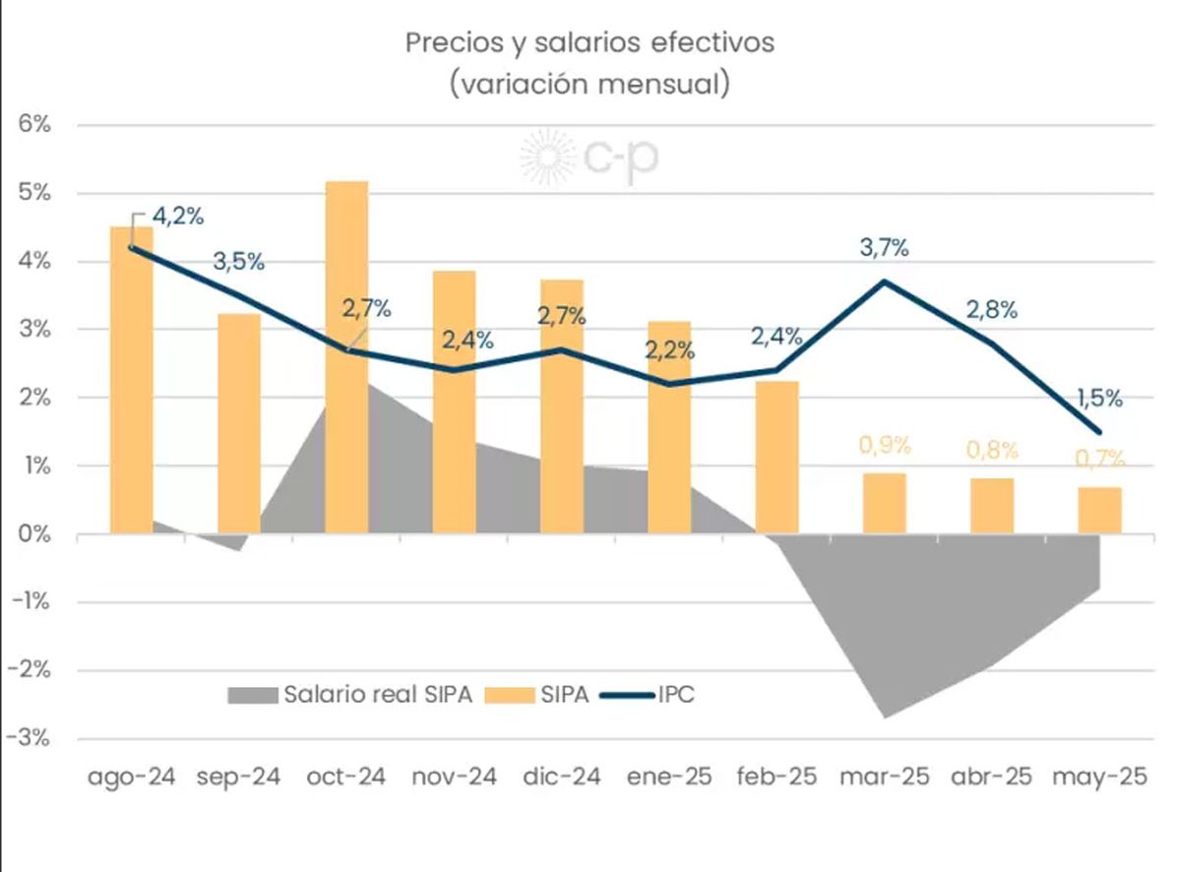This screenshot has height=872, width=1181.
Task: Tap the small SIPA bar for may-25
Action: tap(1099, 510)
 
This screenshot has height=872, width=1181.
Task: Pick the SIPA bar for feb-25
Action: tap(777, 457)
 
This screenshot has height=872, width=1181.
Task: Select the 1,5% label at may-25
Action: tap(1099, 399)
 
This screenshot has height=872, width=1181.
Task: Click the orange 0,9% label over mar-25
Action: tap(883, 445)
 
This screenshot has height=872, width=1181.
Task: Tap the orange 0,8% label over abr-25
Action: tap(992, 451)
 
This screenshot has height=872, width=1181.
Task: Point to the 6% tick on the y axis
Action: tap(32, 125)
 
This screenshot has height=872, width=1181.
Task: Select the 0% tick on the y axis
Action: tap(32, 534)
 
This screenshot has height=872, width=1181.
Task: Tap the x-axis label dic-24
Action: tap(561, 777)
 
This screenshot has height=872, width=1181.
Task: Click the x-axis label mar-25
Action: tap(884, 777)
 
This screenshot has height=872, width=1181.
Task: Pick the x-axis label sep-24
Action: tap(238, 777)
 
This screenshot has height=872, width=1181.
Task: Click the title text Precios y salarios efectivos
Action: tap(590, 43)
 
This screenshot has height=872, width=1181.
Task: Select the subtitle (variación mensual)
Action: tap(590, 84)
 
